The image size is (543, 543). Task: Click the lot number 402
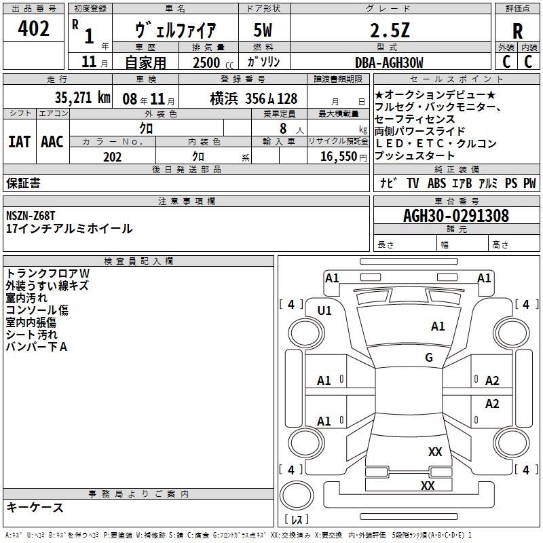[33, 28]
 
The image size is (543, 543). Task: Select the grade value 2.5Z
[390, 30]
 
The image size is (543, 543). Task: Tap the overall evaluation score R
[517, 31]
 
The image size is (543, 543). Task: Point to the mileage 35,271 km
[82, 98]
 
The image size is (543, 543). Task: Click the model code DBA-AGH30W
[389, 62]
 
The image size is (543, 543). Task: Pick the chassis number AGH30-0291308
[456, 216]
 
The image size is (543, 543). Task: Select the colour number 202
[113, 157]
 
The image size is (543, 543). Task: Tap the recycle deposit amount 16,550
[339, 157]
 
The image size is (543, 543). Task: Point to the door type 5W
[263, 30]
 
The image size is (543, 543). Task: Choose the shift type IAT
[20, 142]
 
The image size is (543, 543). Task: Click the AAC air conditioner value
[52, 142]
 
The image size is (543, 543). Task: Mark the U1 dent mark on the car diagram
[324, 311]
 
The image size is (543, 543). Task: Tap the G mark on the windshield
[429, 358]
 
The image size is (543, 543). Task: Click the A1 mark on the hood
[438, 326]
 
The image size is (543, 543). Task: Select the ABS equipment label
[436, 183]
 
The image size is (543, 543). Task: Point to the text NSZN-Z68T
[31, 216]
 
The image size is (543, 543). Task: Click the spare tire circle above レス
[297, 496]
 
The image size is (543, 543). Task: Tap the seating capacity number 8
[283, 128]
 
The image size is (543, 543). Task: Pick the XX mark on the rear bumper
[428, 485]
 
